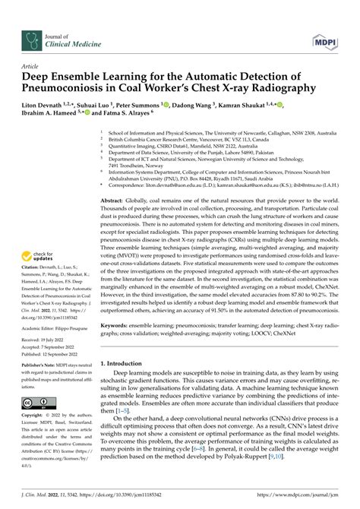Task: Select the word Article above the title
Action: (30, 66)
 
